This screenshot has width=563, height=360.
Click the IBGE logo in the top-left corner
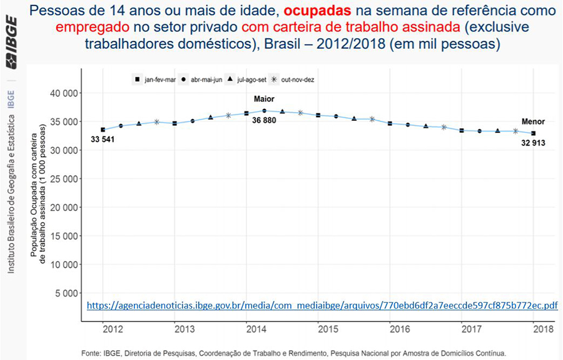11,44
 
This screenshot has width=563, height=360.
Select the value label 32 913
534,143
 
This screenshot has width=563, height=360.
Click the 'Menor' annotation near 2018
534,122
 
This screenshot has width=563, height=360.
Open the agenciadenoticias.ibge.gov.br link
322,306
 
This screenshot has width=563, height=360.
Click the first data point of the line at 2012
103,130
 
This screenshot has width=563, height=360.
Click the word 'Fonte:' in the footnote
93,353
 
